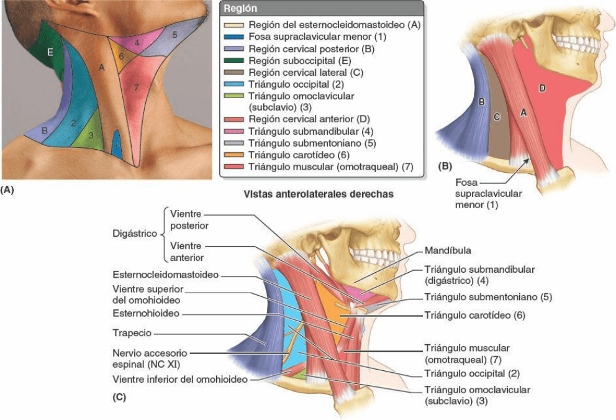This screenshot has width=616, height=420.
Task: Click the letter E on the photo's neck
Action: [50, 53]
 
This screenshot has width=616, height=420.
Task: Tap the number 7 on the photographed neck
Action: [135, 88]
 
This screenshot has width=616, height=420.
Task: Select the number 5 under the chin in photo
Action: [174, 35]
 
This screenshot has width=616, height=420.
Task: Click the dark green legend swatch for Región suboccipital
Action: [233, 60]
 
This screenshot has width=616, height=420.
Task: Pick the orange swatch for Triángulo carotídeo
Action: [233, 155]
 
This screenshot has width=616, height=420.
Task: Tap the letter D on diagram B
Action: [542, 89]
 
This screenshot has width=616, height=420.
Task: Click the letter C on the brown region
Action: [497, 116]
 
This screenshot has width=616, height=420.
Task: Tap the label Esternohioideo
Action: [147, 313]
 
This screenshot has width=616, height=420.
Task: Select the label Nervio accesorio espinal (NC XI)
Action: [150, 357]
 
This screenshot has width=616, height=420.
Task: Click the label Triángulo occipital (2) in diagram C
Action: [472, 373]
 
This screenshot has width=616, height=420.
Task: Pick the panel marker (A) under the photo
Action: [7, 190]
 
